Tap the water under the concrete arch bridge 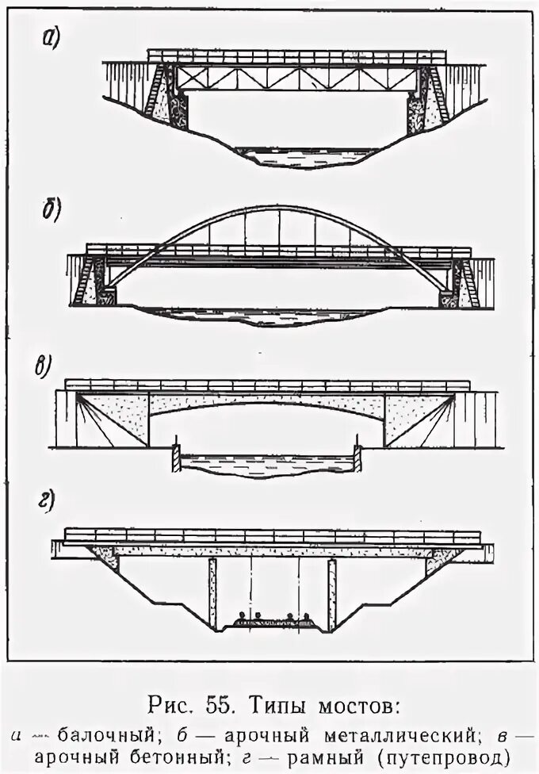pos(266,464)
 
